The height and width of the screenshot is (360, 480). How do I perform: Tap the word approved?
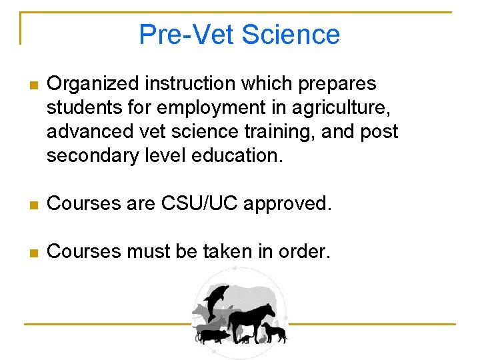tap(287, 203)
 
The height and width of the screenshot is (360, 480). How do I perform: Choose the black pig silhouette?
tap(212, 335)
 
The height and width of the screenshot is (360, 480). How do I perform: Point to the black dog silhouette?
tap(274, 331)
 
